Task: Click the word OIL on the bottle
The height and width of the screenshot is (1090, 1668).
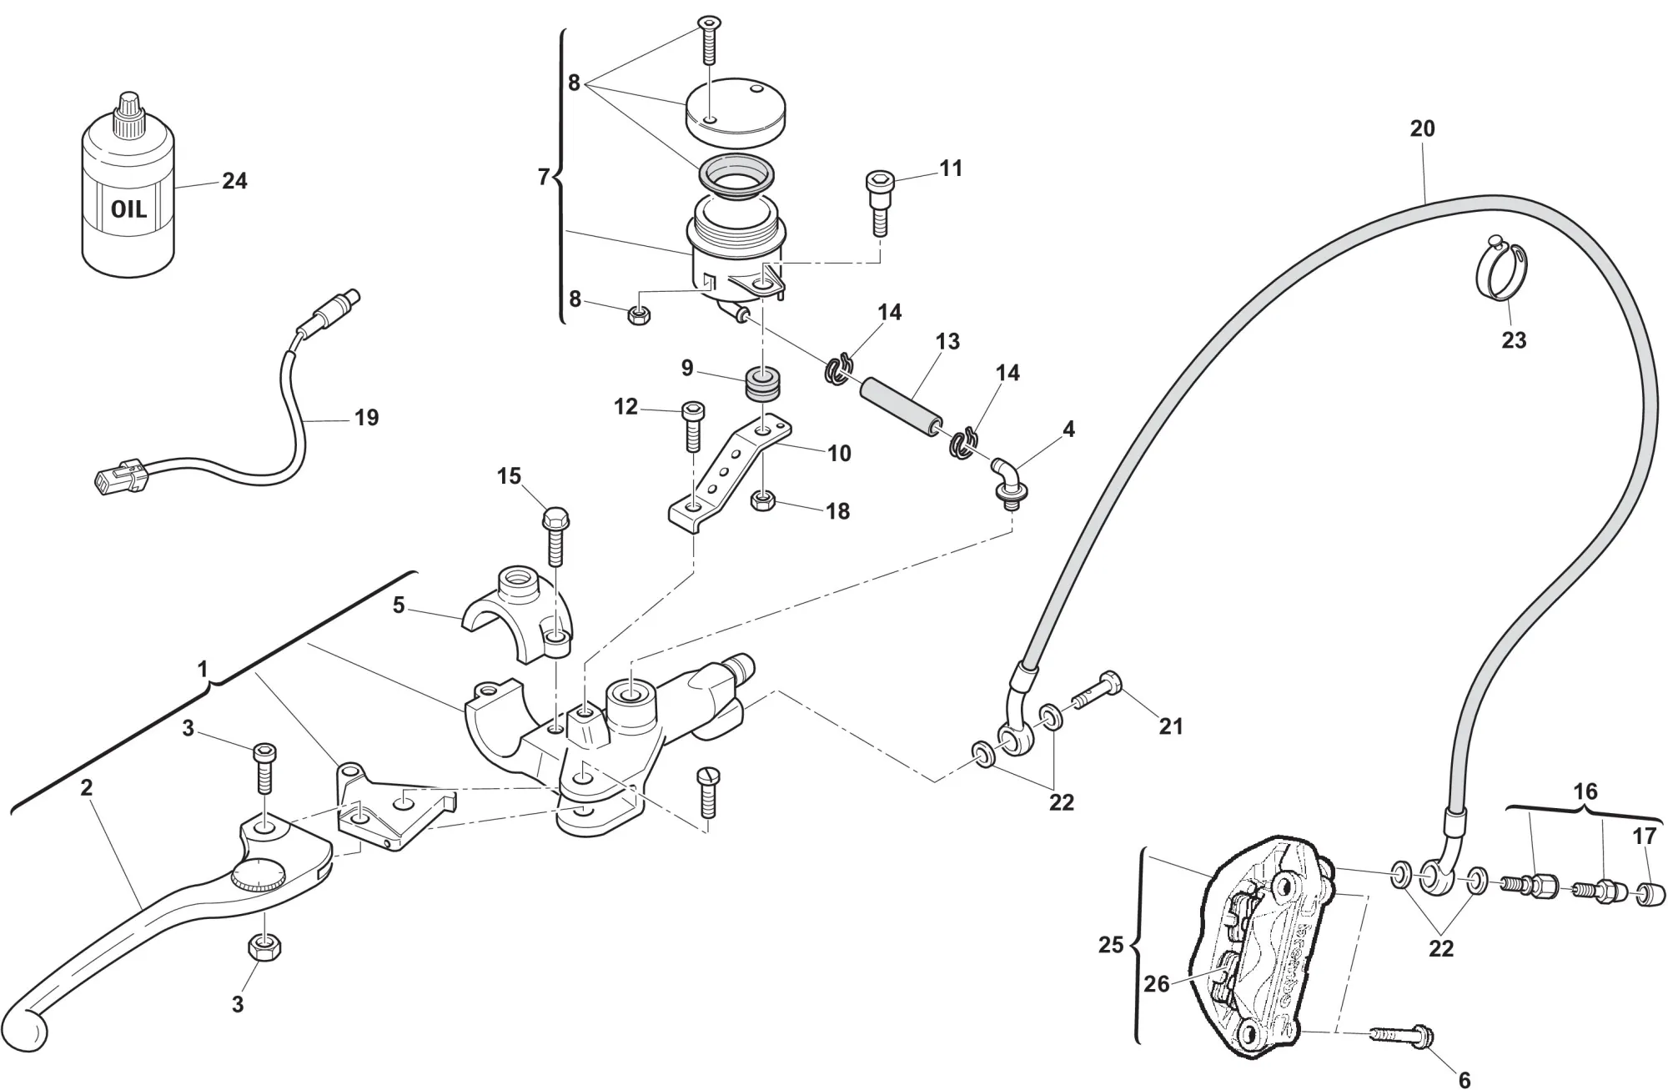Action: (128, 208)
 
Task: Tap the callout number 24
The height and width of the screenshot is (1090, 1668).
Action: (234, 181)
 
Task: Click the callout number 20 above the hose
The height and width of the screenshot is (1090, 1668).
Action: (1422, 129)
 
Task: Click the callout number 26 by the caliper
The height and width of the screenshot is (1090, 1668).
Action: (1156, 984)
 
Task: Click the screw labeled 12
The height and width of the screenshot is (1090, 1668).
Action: (692, 425)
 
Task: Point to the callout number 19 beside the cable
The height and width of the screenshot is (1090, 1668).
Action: (366, 418)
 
